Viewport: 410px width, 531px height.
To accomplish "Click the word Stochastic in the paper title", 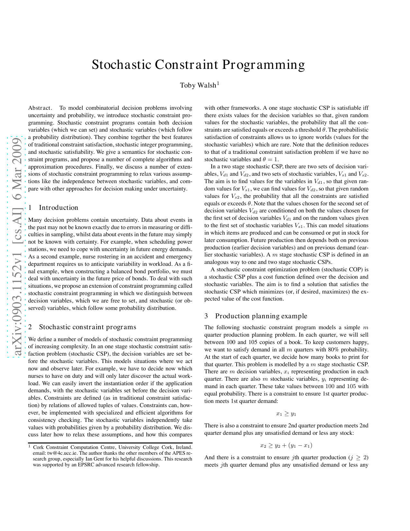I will tap(121, 65).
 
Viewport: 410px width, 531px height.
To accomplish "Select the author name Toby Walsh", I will tap(198, 85).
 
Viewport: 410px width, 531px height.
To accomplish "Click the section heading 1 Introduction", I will tap(53, 208).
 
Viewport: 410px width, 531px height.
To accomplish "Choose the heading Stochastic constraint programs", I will tap(87, 327).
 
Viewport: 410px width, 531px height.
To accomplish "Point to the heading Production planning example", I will tap(261, 316).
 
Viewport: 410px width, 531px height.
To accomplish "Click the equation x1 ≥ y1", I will tap(286, 414).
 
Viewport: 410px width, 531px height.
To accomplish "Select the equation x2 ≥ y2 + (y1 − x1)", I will tap(286, 446).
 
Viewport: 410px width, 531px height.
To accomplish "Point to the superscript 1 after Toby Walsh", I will tap(218, 83).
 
